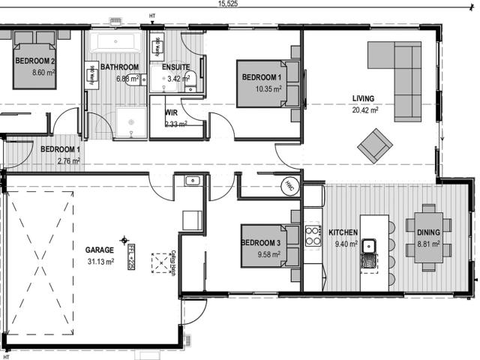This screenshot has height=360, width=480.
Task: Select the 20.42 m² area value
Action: pyautogui.click(x=365, y=109)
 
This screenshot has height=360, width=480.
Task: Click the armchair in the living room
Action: pyautogui.click(x=374, y=145)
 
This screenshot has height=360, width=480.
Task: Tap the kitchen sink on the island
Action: pyautogui.click(x=369, y=246)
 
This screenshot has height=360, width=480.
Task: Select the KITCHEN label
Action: pyautogui.click(x=343, y=233)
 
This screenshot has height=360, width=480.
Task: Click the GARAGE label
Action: pyautogui.click(x=99, y=250)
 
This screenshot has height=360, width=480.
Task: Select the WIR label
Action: pyautogui.click(x=171, y=113)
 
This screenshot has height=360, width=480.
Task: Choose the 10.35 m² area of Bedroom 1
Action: pyautogui.click(x=261, y=88)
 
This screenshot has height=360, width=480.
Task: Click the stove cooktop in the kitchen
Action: pyautogui.click(x=312, y=235)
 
